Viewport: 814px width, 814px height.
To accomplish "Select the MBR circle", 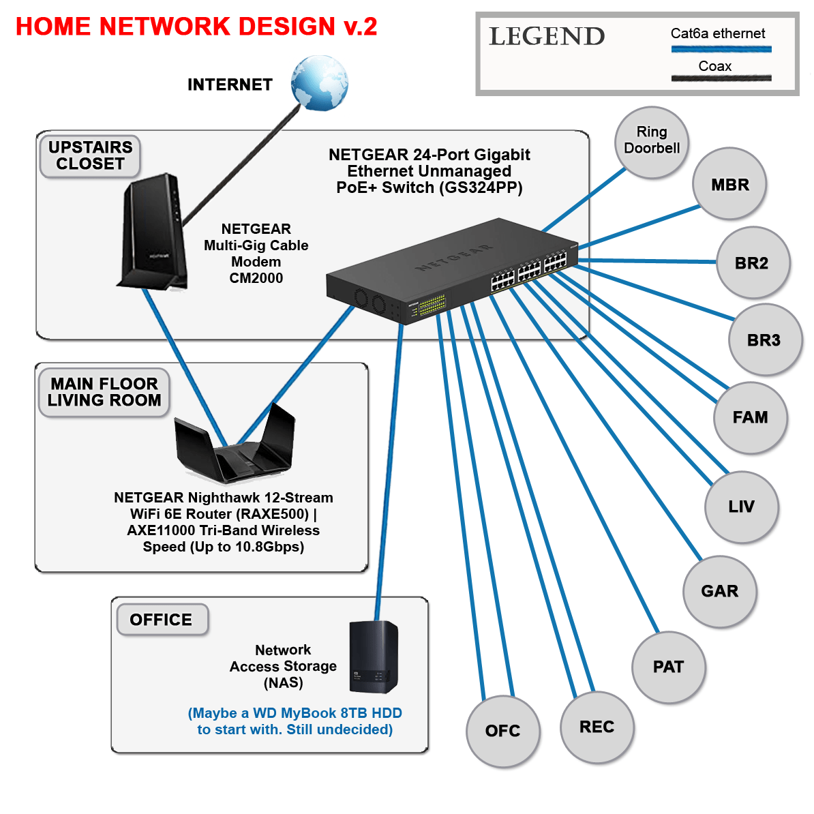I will (729, 184).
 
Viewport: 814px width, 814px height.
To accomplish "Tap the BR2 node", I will (752, 263).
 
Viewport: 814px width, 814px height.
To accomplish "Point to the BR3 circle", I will (764, 340).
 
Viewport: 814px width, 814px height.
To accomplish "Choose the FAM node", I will (750, 417).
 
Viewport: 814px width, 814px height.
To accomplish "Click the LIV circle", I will (741, 507).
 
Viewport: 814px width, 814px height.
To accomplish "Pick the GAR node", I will (719, 591).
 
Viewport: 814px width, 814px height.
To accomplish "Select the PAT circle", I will (668, 667).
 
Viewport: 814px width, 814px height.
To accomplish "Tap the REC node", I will (597, 727).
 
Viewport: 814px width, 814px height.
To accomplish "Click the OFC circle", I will (502, 731).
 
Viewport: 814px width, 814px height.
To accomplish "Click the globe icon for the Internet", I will (319, 83).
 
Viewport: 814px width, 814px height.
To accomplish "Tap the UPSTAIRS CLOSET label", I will (90, 155).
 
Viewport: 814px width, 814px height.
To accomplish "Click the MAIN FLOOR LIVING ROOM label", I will (104, 392).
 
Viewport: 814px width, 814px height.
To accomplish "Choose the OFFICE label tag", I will (162, 620).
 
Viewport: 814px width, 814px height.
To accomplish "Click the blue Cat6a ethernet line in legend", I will (721, 49).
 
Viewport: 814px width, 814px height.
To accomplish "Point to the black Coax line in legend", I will (721, 78).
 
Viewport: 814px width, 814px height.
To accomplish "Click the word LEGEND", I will (547, 37).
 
